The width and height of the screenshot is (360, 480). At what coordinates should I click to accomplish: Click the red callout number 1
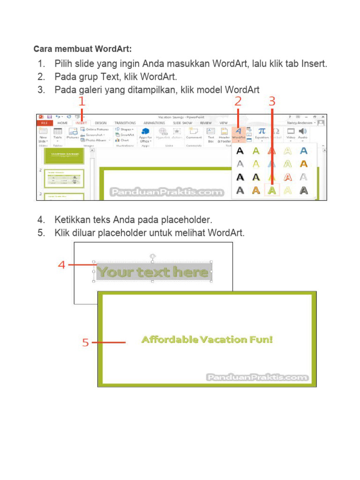(x=82, y=101)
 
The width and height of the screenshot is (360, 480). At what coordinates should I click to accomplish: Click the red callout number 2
(x=238, y=101)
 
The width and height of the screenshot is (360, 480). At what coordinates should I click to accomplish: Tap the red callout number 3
(x=272, y=101)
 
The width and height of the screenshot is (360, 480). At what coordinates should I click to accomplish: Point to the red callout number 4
(x=61, y=265)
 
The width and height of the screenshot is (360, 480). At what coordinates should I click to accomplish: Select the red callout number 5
(x=85, y=343)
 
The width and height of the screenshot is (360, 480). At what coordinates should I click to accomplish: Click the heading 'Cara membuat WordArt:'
(x=82, y=49)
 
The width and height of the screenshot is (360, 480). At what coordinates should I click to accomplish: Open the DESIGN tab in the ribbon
(x=101, y=123)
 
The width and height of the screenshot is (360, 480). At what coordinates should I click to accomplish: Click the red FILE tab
(x=44, y=123)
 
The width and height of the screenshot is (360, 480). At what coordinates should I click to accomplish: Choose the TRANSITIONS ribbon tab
(x=125, y=123)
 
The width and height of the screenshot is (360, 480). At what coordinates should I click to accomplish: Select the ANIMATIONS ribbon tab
(x=154, y=123)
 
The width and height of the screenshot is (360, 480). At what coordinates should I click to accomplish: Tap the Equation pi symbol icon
(x=262, y=131)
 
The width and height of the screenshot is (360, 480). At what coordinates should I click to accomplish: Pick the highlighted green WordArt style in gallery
(x=272, y=190)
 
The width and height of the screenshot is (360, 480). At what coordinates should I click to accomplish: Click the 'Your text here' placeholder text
(x=153, y=272)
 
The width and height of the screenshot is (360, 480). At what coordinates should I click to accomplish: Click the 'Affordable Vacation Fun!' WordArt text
(x=207, y=339)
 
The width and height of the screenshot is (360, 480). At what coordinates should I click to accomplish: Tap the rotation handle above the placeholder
(x=153, y=256)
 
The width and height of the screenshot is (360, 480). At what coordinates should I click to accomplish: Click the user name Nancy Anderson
(x=300, y=123)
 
